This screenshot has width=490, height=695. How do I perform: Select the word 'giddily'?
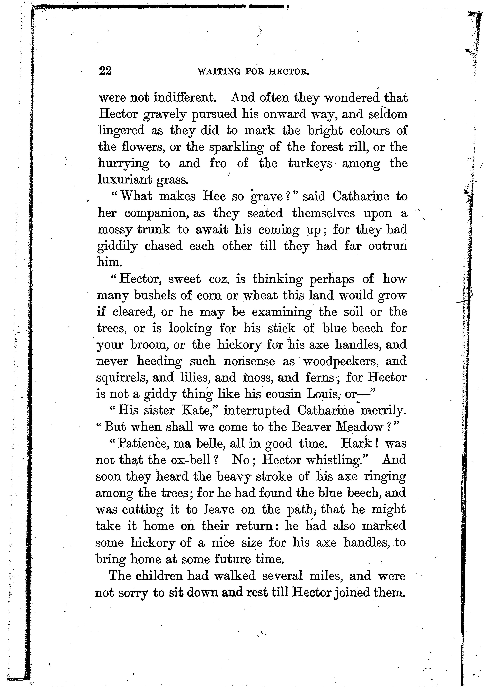[x=117, y=246]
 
